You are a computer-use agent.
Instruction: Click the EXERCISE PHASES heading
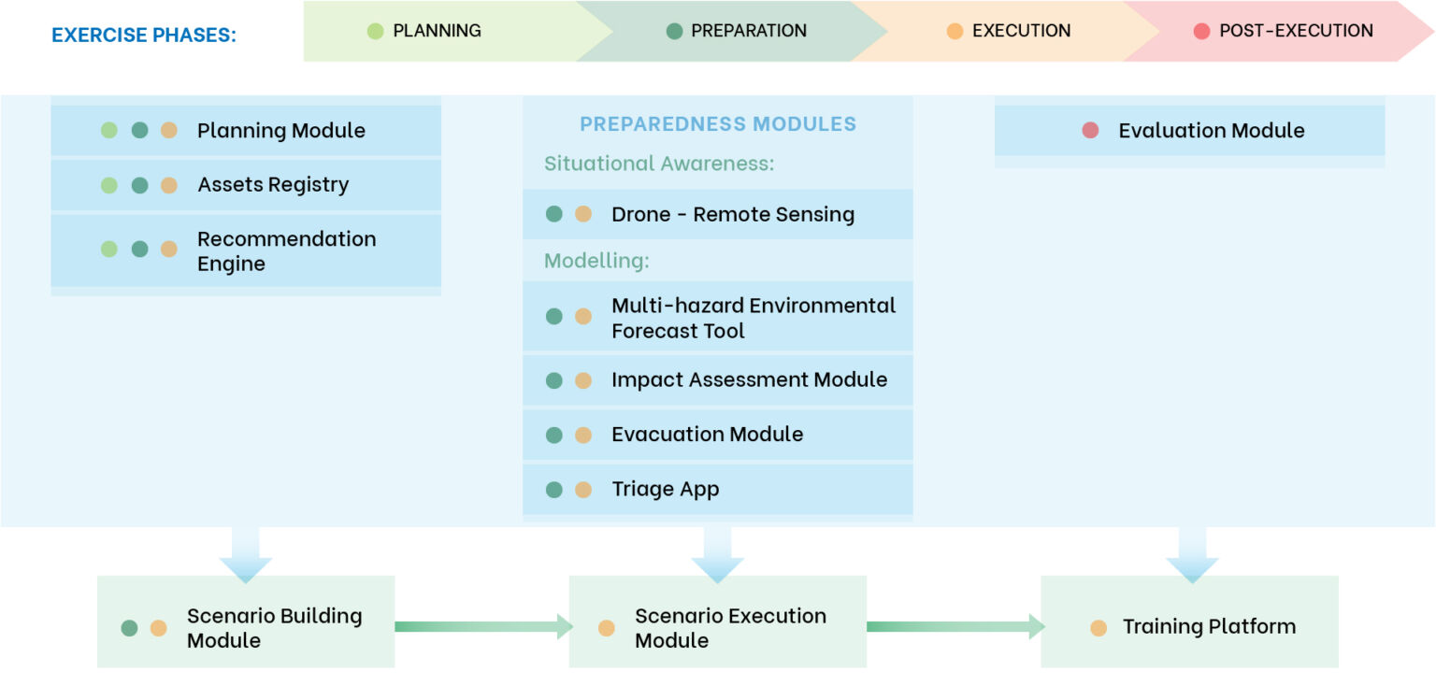144,35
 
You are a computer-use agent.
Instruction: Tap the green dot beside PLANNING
376,31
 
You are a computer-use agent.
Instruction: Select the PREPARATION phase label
749,31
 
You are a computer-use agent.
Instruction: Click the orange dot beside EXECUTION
955,31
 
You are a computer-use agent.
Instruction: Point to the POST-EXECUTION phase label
1296,31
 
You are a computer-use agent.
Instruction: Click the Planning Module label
280,131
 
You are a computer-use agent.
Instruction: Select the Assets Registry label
273,185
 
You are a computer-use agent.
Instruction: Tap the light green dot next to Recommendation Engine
109,249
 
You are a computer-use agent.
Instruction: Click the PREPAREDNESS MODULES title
718,123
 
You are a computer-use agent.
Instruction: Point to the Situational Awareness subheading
659,164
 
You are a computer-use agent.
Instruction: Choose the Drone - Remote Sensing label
733,214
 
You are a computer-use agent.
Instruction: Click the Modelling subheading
596,260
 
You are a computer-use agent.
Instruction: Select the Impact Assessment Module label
750,379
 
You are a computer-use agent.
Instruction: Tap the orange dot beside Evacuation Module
583,436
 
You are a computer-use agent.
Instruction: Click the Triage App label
666,489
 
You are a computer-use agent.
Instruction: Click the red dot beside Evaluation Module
1090,131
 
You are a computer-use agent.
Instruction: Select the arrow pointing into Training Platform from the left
955,626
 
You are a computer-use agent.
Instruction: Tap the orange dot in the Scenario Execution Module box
606,628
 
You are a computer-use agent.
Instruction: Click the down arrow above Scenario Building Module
246,555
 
